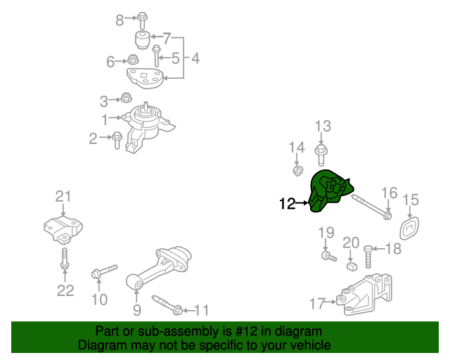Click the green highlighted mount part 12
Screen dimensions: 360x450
pyautogui.click(x=328, y=191)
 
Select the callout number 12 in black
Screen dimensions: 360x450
pyautogui.click(x=288, y=205)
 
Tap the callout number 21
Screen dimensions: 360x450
pyautogui.click(x=64, y=196)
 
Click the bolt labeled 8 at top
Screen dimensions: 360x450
pyautogui.click(x=142, y=17)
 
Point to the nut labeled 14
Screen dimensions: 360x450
pyautogui.click(x=297, y=171)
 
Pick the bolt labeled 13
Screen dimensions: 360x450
pyautogui.click(x=322, y=151)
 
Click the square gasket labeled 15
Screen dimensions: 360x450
pyautogui.click(x=409, y=230)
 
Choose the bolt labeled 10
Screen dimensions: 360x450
pyautogui.click(x=103, y=273)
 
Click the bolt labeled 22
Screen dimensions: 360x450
pyautogui.click(x=64, y=259)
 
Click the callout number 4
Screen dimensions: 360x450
pyautogui.click(x=195, y=59)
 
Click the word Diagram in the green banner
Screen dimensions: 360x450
pyautogui.click(x=102, y=345)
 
